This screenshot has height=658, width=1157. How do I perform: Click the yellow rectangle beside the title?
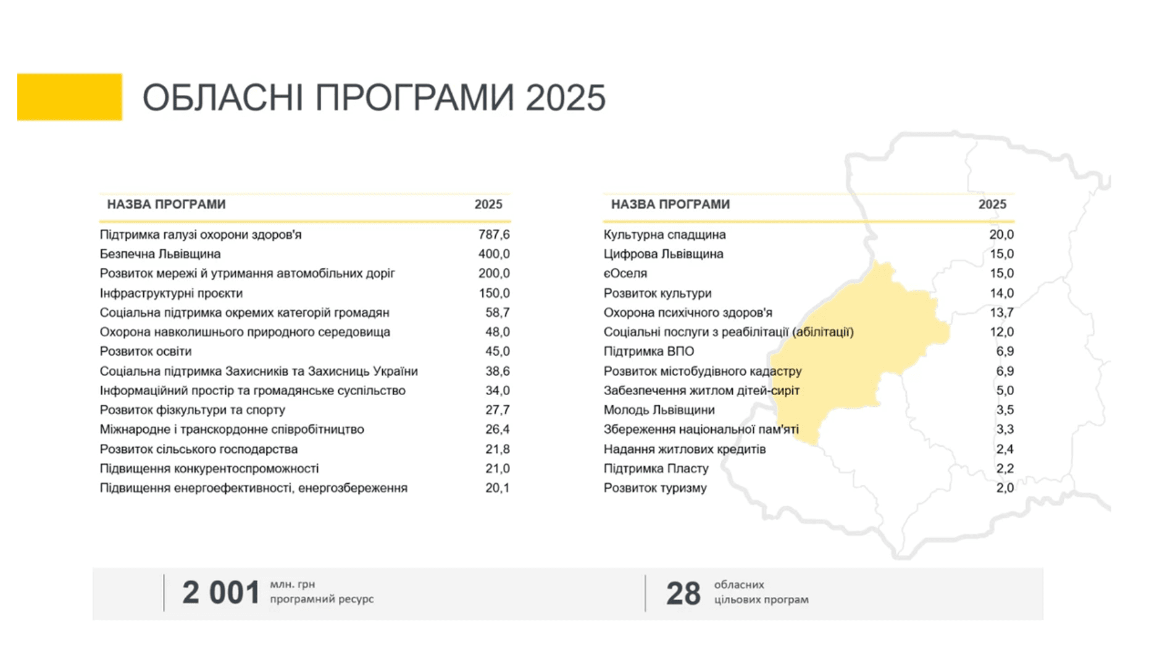coord(70,97)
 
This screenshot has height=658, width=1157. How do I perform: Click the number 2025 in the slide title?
coord(566,98)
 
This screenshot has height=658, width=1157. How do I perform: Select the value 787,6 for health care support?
coord(494,235)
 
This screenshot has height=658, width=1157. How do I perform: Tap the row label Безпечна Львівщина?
coord(160,254)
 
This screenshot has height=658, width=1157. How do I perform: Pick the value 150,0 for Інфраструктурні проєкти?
coord(494,293)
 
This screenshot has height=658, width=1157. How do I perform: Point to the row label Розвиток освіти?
coord(146,351)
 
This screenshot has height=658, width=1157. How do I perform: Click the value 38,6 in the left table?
coord(498,371)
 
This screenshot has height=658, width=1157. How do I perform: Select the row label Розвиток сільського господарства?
coord(199,449)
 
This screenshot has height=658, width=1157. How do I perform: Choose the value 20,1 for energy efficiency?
coord(498,488)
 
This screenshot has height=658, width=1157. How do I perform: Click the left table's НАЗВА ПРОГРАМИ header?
coord(166,204)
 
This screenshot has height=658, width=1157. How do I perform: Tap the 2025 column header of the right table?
coord(992,204)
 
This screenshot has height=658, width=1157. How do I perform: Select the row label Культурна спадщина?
coord(664,235)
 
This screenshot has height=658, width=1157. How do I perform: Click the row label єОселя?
coord(625,273)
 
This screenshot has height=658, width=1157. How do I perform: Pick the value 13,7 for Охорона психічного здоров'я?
coord(1001,312)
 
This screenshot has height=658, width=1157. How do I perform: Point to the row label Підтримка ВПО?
coord(649,351)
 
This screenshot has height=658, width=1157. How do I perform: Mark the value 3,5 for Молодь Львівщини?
coord(1005,410)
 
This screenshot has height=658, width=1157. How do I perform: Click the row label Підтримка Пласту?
coord(656,469)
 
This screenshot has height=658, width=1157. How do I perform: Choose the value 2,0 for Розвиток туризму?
coord(1005,488)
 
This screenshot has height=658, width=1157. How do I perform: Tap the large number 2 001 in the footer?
coord(221,593)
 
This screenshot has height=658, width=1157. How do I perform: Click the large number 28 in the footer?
coord(683,593)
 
